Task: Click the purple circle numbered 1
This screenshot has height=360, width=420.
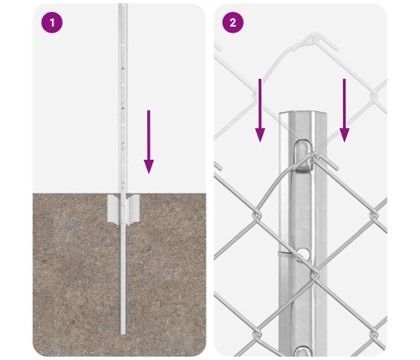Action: [52, 23]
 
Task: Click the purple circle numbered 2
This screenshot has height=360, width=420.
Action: [233, 23]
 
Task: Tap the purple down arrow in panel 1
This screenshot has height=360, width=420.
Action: [149, 141]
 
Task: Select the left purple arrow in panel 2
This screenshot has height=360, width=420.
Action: [260, 111]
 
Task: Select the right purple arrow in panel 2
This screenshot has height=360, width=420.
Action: [345, 111]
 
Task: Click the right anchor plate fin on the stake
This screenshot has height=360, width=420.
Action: [132, 209]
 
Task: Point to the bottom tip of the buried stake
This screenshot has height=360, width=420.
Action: [123, 334]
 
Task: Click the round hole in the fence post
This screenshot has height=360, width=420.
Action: [304, 254]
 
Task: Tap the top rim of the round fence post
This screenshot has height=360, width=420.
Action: [303, 114]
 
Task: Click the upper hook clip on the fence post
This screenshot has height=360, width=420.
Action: [303, 155]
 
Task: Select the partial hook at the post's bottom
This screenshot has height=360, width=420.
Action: [303, 351]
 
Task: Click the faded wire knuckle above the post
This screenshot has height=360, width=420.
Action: [315, 38]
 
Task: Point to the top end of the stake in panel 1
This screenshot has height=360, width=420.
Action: [123, 4]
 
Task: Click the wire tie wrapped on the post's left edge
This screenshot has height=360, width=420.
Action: [284, 254]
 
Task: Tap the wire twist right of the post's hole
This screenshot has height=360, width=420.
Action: [315, 275]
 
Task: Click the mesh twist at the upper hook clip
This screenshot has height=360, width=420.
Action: [315, 157]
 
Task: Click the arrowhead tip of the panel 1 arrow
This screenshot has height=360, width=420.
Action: [149, 173]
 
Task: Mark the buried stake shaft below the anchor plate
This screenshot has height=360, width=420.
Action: [123, 279]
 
